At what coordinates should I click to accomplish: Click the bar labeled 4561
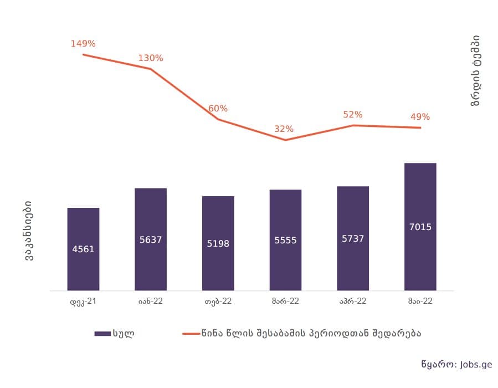(83, 249)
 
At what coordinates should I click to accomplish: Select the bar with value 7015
(420, 226)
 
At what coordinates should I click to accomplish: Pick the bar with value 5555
(286, 239)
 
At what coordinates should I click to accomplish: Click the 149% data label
(83, 43)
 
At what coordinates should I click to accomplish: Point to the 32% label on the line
(284, 129)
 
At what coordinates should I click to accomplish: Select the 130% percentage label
(151, 58)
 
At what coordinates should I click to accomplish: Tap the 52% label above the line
(353, 115)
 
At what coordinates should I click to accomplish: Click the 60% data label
(218, 109)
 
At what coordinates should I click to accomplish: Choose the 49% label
(420, 117)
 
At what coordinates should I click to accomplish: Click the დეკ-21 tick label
(84, 302)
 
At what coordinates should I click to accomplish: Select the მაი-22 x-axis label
(420, 302)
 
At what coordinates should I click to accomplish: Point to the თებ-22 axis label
(218, 302)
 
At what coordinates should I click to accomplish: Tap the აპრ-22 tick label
(353, 302)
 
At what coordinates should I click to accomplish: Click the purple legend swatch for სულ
(102, 334)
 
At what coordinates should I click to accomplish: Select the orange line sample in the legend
(191, 334)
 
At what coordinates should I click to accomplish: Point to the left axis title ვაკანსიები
(28, 232)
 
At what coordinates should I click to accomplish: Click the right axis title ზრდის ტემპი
(476, 70)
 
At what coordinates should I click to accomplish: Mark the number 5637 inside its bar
(151, 239)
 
